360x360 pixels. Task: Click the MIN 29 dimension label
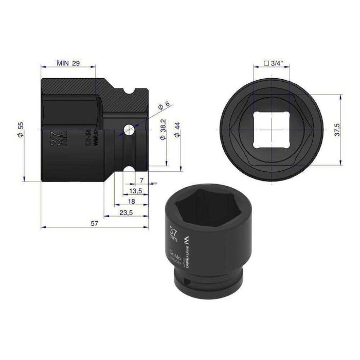click(68, 63)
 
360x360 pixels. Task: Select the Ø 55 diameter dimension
click(20, 129)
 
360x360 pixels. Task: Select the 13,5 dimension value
click(136, 191)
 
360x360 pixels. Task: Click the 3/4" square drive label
click(273, 63)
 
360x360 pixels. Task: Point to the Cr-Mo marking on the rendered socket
click(175, 256)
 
